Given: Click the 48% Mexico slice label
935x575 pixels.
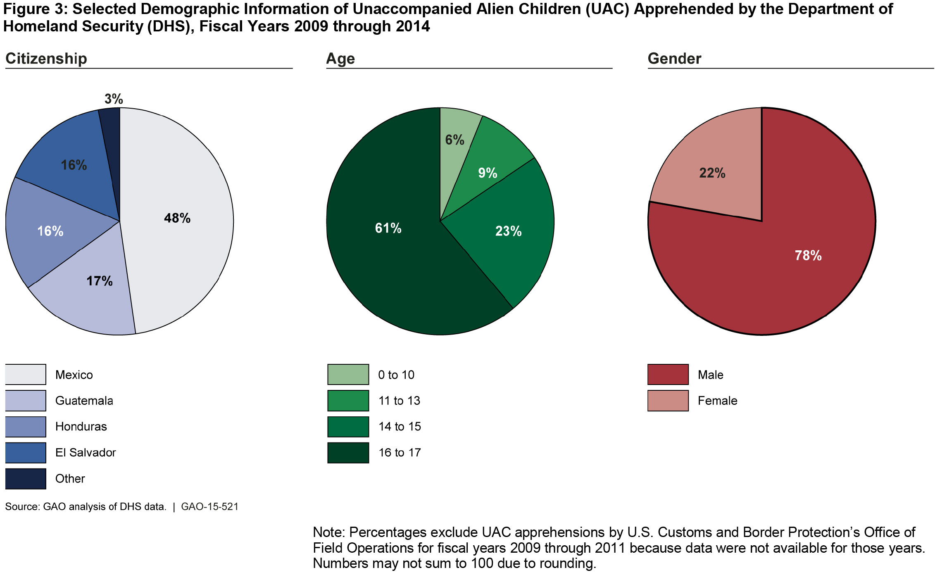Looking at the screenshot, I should (x=177, y=218).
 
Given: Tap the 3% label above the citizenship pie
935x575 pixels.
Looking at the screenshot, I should (x=114, y=99).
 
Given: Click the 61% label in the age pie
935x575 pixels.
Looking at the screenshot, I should (x=388, y=228).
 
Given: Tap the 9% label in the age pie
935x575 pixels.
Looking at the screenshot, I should (x=488, y=173).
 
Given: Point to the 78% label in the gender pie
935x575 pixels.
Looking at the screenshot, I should (x=808, y=256).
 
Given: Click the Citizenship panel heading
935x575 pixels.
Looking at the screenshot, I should (x=46, y=59).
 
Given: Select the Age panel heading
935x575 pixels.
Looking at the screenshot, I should (x=340, y=59).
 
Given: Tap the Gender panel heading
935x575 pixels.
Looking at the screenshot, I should (x=674, y=59).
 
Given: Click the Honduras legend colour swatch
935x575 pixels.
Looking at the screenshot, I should (x=26, y=427).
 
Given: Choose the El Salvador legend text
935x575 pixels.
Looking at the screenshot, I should (x=86, y=453).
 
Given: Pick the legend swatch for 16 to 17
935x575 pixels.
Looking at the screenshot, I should (x=348, y=453).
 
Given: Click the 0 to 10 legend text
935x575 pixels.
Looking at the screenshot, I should (x=396, y=375).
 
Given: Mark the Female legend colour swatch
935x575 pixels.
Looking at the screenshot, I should (x=668, y=401).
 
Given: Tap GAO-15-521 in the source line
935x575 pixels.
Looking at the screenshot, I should (x=210, y=507).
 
